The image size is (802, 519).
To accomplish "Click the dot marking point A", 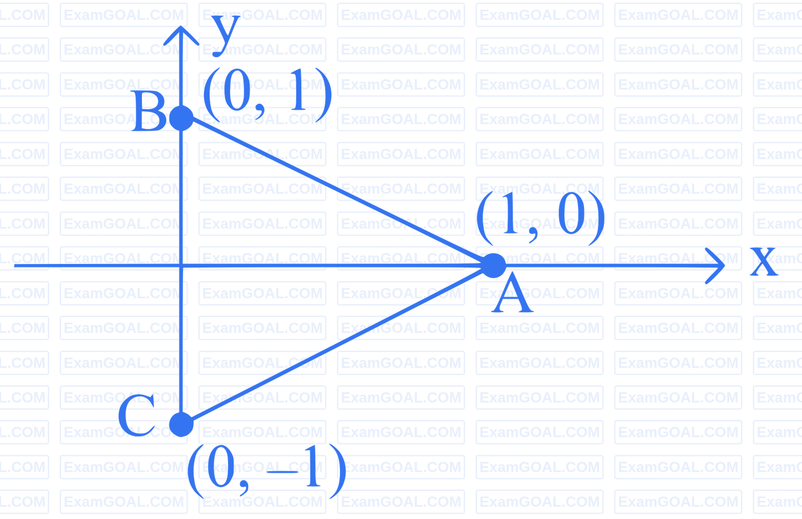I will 494,266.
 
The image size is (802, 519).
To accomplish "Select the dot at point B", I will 181,118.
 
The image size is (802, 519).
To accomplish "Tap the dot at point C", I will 181,425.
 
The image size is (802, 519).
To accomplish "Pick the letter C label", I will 136,415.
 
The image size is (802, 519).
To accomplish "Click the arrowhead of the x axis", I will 720,265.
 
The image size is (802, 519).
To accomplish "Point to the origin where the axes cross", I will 181,265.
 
